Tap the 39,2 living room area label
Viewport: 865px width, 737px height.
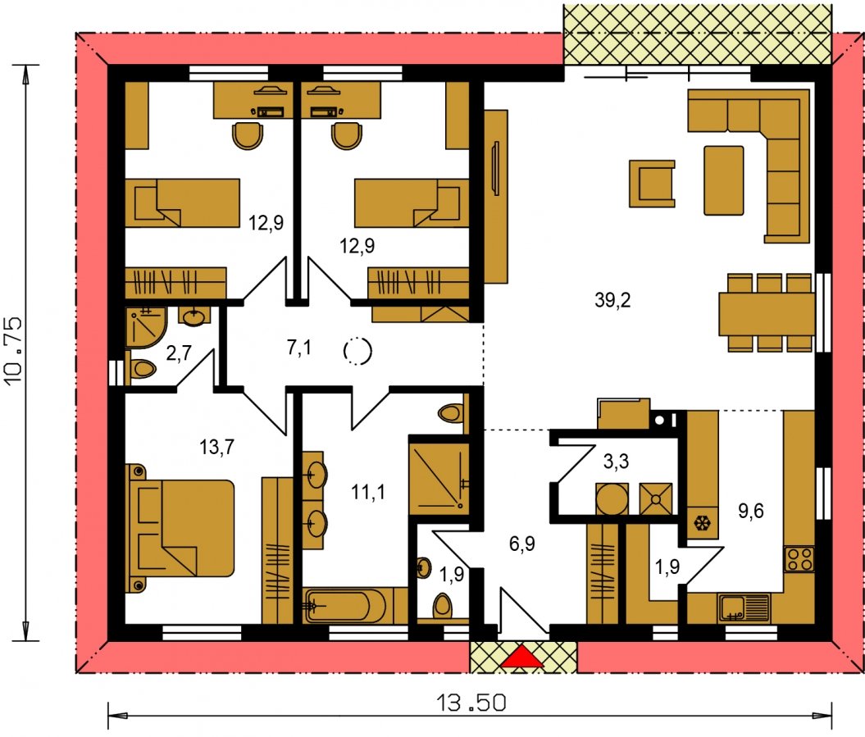point(612,301)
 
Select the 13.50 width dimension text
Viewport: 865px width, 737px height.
point(471,703)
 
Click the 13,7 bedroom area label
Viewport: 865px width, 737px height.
point(216,447)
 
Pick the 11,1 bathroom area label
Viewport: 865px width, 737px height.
point(368,492)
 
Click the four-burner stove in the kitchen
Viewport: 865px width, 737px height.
point(799,559)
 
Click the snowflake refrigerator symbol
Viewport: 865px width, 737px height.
point(702,522)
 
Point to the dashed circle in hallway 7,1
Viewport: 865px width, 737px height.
point(357,350)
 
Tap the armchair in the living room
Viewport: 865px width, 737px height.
point(653,184)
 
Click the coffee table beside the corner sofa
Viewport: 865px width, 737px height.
point(724,180)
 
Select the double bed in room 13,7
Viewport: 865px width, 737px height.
point(180,528)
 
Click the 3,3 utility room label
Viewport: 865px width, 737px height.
point(616,462)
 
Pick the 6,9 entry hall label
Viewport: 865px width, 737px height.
point(521,544)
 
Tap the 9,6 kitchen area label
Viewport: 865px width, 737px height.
point(751,512)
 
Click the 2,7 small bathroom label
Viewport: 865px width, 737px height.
point(179,353)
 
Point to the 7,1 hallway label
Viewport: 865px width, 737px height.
point(299,348)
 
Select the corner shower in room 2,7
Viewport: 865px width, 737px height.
point(146,327)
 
